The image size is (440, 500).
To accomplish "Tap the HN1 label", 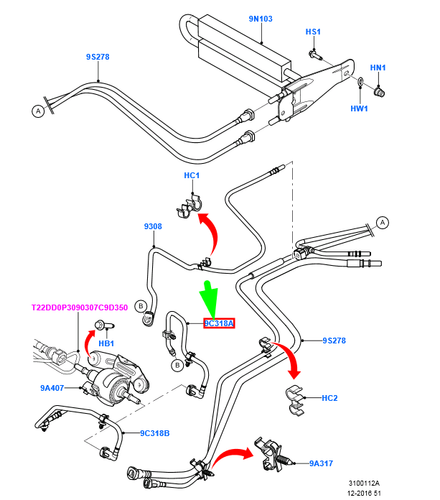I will pos(378,68).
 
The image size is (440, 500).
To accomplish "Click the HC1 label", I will pos(193,176).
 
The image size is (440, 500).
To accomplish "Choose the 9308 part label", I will pos(153,226).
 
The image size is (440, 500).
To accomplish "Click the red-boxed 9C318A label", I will pos(218,324).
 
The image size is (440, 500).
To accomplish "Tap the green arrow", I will pos(209,298).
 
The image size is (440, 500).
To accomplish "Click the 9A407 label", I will pos(53,388).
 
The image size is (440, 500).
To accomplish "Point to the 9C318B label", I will pos(154,433).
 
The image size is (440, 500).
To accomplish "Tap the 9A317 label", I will pos(322,463).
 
